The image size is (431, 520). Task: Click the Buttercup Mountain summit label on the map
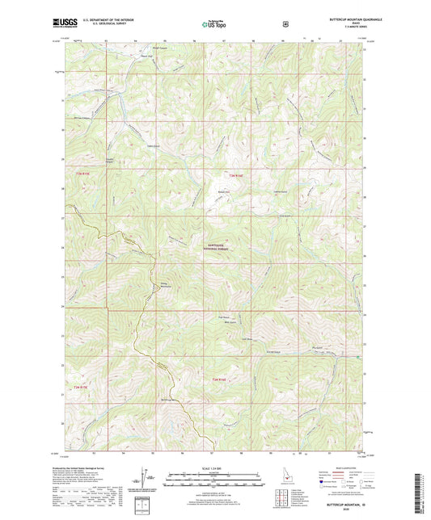(167, 400)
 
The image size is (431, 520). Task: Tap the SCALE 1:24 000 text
(214, 468)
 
